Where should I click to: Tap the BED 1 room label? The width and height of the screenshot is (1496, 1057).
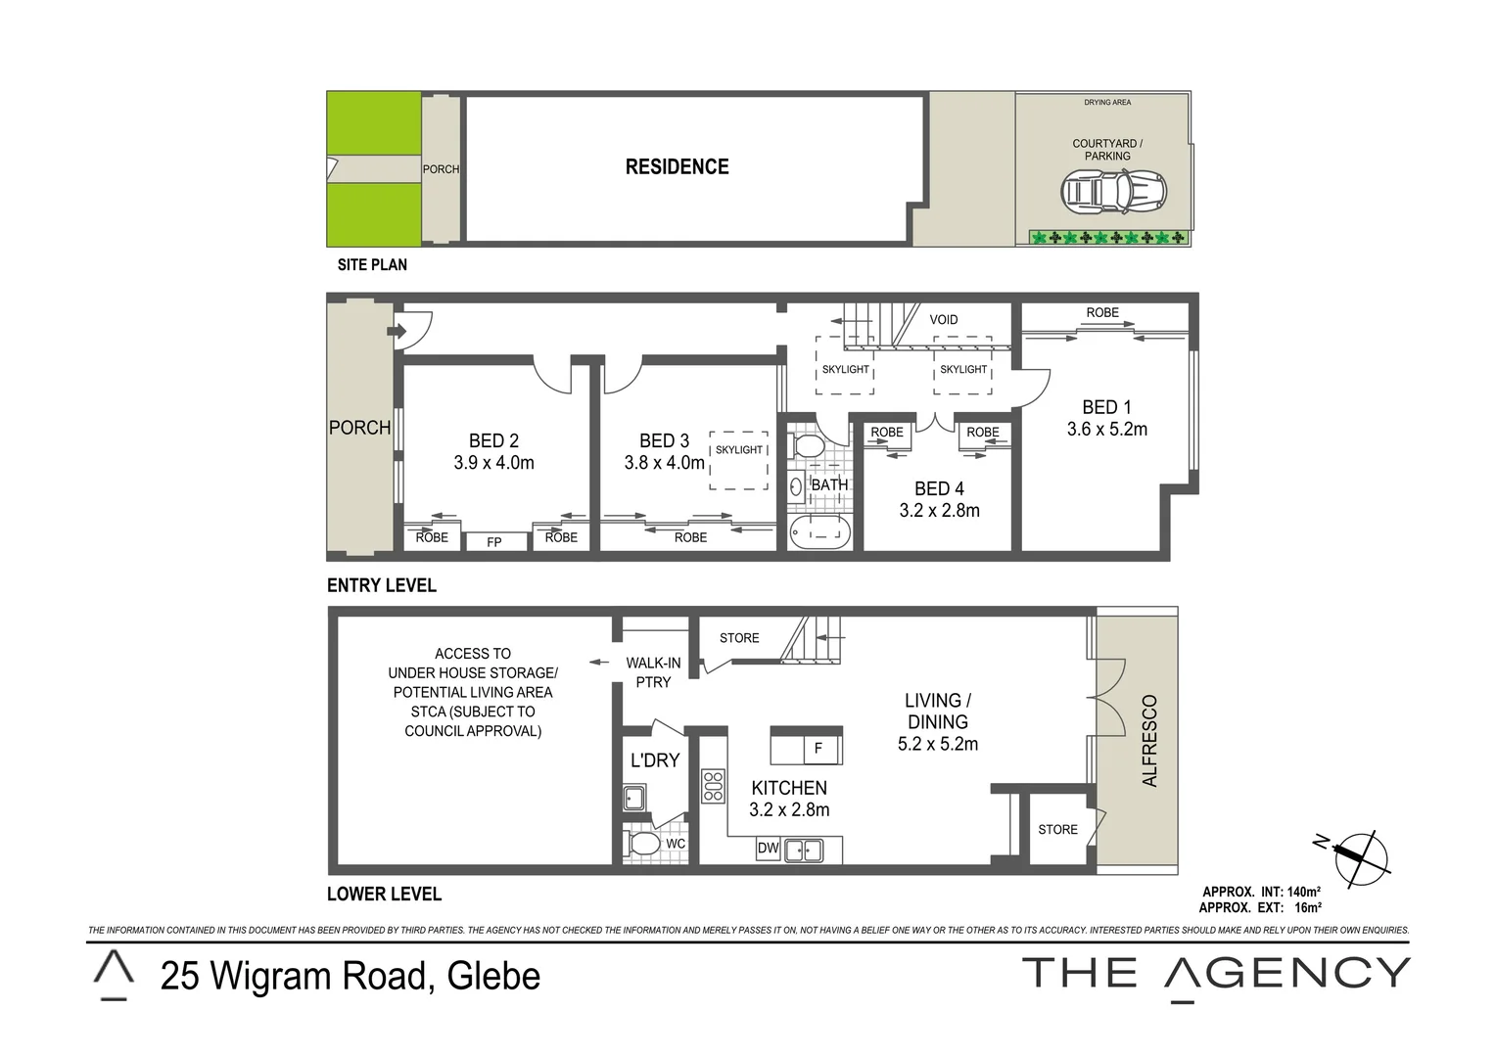1106,407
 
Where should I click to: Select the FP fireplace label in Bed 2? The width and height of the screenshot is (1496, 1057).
493,541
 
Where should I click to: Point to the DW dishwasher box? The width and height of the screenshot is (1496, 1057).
769,849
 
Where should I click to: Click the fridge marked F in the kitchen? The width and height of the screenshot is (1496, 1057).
818,750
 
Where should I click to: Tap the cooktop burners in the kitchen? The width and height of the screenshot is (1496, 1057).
713,786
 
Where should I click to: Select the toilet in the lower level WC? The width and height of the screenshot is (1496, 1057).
643,844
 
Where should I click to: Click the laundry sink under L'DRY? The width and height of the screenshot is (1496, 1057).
634,798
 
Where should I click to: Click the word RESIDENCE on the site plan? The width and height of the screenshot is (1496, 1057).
677,167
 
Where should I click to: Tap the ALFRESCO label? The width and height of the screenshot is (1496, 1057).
1149,741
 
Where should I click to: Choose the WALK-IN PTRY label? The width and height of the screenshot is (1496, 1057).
653,672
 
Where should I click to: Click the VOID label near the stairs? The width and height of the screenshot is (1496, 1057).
944,320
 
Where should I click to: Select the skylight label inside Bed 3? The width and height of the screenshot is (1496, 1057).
738,450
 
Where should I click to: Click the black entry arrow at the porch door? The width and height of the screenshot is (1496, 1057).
396,332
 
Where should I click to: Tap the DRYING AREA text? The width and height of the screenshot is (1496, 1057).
1107,103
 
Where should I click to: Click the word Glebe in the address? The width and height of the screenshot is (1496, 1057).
492,977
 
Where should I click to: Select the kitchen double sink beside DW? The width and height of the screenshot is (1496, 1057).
803,850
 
